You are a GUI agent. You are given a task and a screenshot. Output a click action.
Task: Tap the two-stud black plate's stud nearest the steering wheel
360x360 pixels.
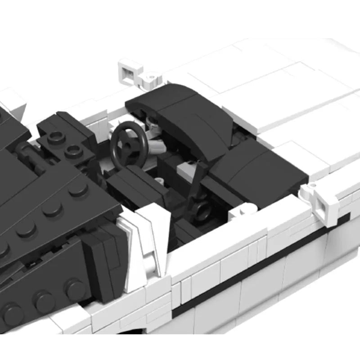click(x=73, y=151)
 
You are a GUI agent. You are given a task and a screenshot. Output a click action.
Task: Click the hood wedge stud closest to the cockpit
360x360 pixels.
click(x=79, y=189)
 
